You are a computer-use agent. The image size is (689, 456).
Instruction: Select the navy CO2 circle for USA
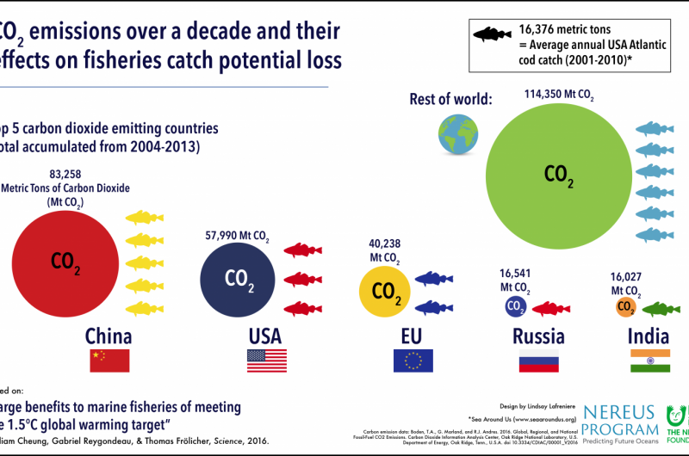coord(239,278)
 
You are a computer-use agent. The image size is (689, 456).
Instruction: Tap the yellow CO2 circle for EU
coord(387,293)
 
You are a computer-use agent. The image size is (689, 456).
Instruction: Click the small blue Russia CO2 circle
coord(515,306)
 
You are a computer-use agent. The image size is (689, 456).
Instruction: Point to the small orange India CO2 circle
coord(626,307)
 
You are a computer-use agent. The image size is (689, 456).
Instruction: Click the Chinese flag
coord(109,360)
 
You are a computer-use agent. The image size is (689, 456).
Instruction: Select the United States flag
coord(267,360)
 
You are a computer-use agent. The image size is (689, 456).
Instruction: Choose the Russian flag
coord(538,360)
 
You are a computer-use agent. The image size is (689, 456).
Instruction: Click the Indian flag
coord(650,360)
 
